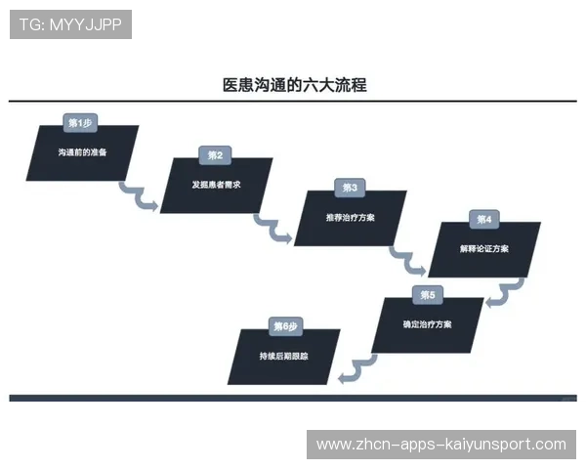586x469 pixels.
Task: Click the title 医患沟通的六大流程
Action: (294, 86)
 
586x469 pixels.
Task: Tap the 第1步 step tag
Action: (80, 123)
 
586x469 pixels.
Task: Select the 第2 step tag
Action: (215, 155)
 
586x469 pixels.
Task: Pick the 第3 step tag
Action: (350, 188)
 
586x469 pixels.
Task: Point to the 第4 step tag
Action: (484, 219)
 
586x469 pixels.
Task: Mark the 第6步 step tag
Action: (285, 325)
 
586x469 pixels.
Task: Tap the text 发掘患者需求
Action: (217, 185)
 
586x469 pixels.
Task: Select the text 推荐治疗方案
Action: (350, 217)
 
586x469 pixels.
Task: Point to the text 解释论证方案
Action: (483, 248)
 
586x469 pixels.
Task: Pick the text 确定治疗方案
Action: (427, 323)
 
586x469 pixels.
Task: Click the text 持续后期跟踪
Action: (284, 356)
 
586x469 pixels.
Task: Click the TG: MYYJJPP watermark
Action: (70, 24)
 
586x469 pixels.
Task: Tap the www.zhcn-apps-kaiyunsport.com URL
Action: (441, 445)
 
